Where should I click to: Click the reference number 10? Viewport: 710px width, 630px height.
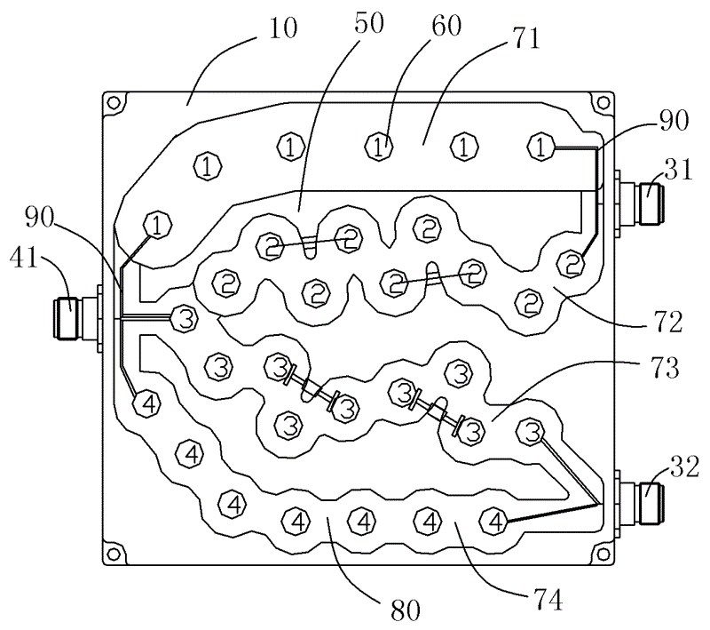[x=282, y=28]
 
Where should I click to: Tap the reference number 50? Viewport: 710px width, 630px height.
[x=369, y=23]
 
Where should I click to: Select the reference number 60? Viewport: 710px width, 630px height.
[x=446, y=26]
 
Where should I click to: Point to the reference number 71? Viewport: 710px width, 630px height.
[x=526, y=38]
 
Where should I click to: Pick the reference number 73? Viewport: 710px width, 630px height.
[x=665, y=367]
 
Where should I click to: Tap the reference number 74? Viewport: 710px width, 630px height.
[x=548, y=599]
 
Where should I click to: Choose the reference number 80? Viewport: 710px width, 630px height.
[x=406, y=610]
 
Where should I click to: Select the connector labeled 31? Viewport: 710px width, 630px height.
[x=637, y=202]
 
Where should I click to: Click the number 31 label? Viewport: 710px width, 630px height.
[x=679, y=170]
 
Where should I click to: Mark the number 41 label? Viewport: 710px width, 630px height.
[x=24, y=258]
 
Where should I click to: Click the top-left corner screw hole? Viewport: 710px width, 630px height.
[x=114, y=103]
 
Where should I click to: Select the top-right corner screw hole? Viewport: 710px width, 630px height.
[x=603, y=103]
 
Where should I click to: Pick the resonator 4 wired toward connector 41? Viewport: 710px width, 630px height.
[x=147, y=403]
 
